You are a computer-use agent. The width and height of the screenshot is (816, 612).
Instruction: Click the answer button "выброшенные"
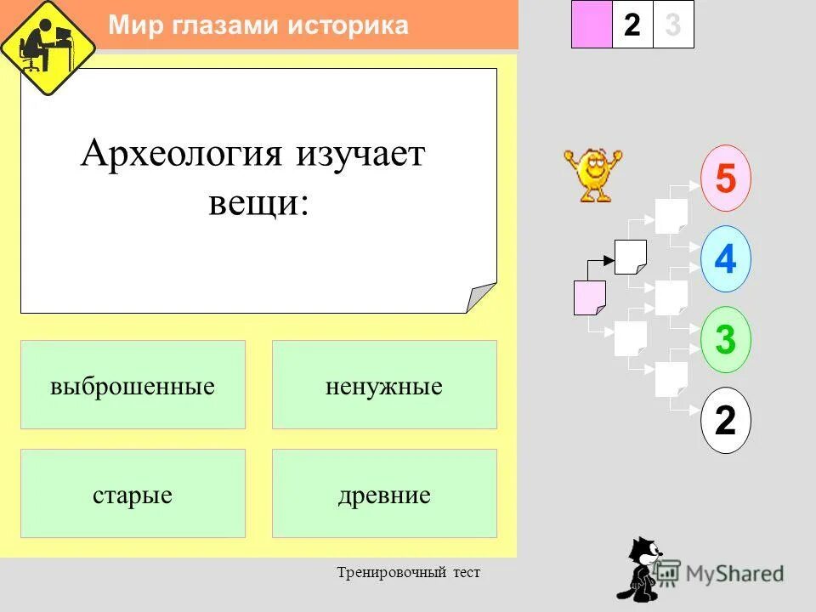coord(133,385)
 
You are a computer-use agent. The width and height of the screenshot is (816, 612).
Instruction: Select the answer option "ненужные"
coord(384,385)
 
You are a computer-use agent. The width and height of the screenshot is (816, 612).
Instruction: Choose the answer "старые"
coord(133,494)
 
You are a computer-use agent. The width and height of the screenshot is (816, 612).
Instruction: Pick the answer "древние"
coord(384,494)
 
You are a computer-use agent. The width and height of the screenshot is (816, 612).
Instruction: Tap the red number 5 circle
coord(725,178)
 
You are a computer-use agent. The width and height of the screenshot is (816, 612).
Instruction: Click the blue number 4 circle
coord(725,258)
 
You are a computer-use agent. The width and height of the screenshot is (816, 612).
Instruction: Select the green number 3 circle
coord(725,339)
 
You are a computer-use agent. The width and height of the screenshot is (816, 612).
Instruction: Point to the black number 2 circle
coord(725,420)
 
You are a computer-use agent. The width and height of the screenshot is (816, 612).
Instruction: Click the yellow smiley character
coord(592,174)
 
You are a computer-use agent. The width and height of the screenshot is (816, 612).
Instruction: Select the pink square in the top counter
coord(592,25)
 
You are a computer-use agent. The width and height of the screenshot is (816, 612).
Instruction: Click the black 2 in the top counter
coord(632,25)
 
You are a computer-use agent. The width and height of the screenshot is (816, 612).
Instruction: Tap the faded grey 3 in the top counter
coord(673,25)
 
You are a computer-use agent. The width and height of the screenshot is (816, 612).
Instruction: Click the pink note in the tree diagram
coord(589,297)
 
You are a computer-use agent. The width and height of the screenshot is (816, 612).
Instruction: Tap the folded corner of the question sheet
coord(481,298)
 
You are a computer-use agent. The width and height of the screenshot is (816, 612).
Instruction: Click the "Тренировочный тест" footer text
coord(408,573)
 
